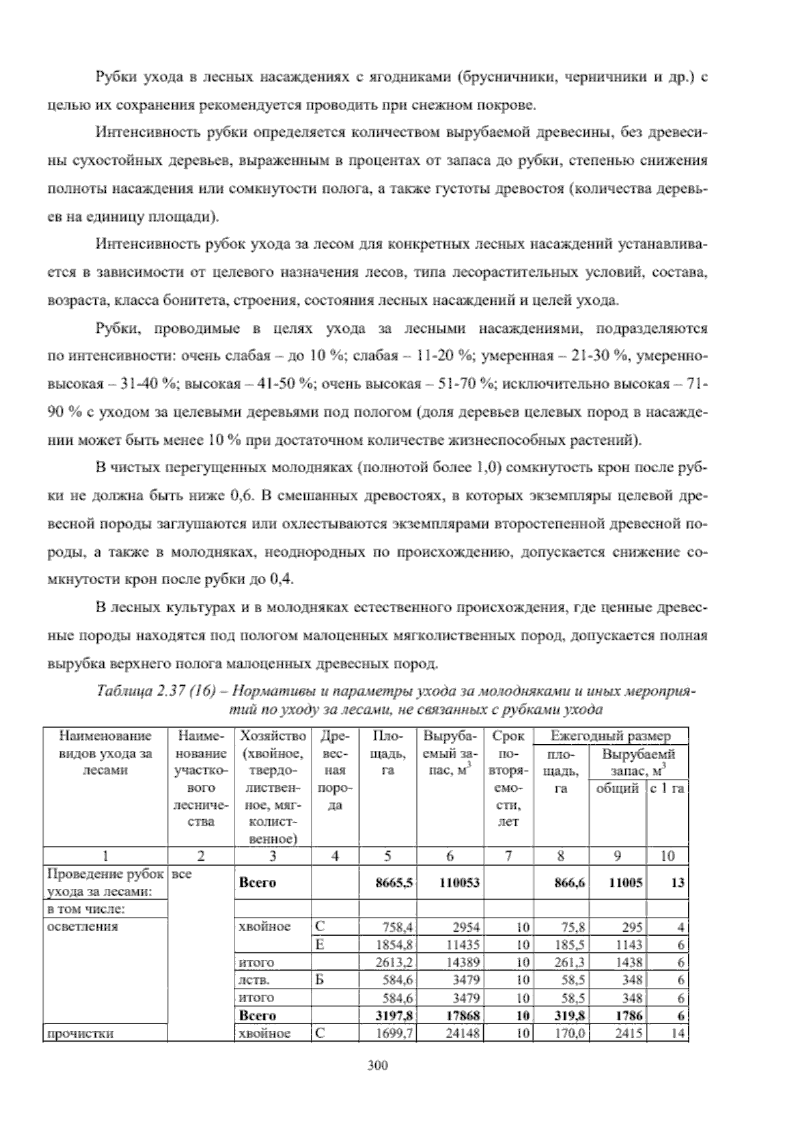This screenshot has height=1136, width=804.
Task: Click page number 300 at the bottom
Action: [378, 1066]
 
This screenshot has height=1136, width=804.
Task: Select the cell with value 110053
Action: [459, 883]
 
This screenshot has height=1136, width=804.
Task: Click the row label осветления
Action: [83, 927]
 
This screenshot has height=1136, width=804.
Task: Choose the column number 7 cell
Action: [509, 855]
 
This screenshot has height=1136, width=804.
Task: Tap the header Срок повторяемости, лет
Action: [509, 778]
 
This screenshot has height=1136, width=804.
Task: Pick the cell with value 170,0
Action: [571, 1033]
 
